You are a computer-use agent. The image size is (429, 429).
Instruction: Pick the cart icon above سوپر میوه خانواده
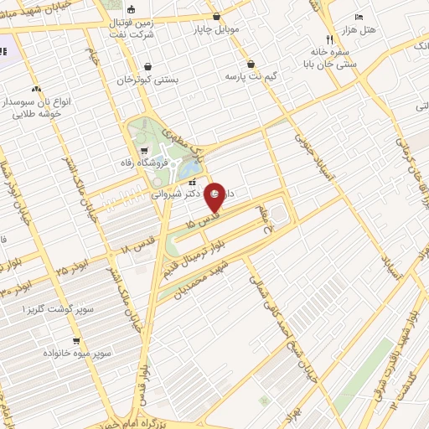tap(76, 341)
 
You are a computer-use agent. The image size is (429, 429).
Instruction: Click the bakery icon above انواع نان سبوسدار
tap(36, 88)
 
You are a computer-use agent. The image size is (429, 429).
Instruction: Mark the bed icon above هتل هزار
tap(359, 17)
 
